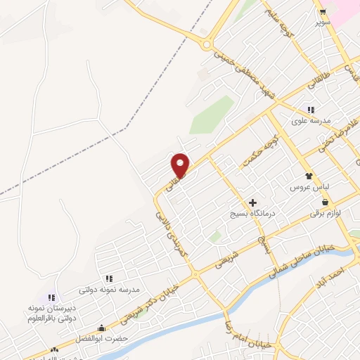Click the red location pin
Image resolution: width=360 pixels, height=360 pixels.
[x=181, y=165]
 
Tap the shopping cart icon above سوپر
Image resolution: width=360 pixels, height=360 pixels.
[x=323, y=13]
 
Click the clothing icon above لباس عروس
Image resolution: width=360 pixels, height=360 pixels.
[x=307, y=176]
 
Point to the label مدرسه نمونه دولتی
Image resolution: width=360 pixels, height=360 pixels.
[x=109, y=289]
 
